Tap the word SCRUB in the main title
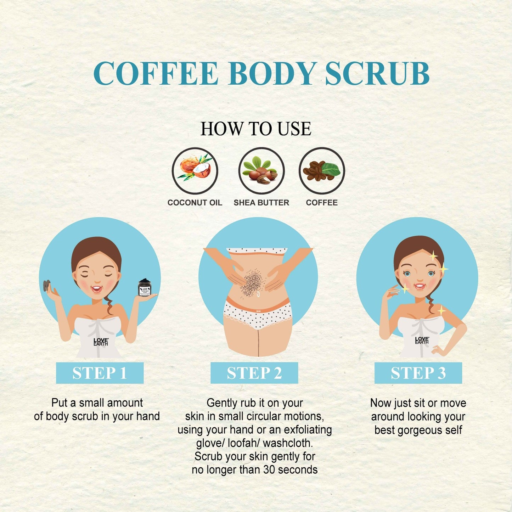[x=377, y=73]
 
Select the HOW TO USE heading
[x=255, y=129]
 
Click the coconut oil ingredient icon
[x=195, y=170]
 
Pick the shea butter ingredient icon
[x=261, y=170]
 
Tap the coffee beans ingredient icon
[x=322, y=170]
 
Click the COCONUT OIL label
[x=195, y=203]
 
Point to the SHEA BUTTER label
[x=261, y=203]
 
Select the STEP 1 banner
[x=100, y=373]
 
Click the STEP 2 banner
[x=254, y=373]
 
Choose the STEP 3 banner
[x=418, y=373]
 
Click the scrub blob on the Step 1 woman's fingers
[x=47, y=285]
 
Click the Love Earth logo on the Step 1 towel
[x=101, y=342]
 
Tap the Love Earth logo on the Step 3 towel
[x=422, y=341]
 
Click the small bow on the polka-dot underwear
[x=257, y=310]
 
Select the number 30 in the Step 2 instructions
[x=270, y=470]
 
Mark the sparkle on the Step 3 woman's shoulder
[x=441, y=310]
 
